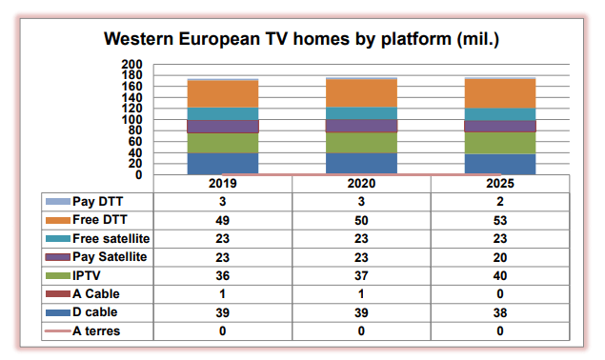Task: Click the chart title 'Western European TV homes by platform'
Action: coord(301,40)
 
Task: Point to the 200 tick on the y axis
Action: coord(131,65)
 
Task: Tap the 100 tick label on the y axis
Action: coord(131,120)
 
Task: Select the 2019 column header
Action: coord(223,184)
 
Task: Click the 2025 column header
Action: coord(500,184)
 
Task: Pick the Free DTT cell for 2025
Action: coord(500,219)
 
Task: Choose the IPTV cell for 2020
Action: coord(361,276)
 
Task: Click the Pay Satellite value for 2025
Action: coord(500,257)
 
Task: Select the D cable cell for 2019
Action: coord(223,313)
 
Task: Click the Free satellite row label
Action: coord(111,238)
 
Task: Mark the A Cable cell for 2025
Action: coord(500,294)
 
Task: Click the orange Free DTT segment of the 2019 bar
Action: coord(223,94)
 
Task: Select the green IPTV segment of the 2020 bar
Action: coord(361,143)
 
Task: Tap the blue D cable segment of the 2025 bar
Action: coord(500,164)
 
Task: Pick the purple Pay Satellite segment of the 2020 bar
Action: coord(361,126)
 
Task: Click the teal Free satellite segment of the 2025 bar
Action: coord(500,114)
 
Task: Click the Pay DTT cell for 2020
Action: coord(361,201)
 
